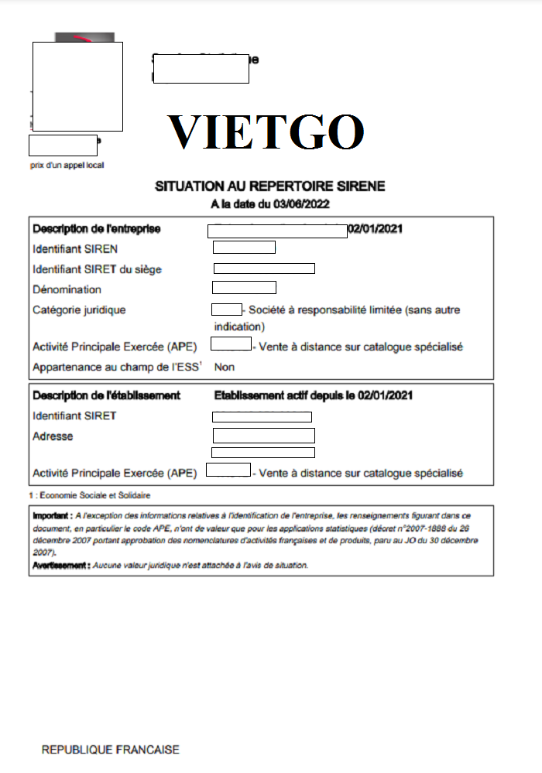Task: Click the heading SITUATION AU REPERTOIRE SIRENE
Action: (270, 186)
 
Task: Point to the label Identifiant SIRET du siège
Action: (98, 269)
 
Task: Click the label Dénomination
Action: (67, 289)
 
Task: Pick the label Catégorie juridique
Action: (79, 310)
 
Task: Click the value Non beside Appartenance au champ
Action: (224, 368)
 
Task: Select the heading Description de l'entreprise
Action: (97, 228)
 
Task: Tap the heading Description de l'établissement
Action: (106, 395)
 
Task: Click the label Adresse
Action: (53, 436)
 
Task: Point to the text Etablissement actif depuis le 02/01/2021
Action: (313, 395)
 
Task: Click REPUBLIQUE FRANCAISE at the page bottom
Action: (110, 750)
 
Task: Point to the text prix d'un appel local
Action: (67, 165)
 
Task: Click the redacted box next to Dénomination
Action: (244, 288)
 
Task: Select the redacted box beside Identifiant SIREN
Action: (244, 248)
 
